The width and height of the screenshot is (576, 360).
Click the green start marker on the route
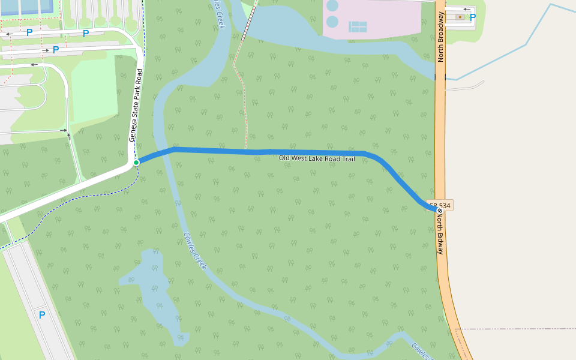[136, 163]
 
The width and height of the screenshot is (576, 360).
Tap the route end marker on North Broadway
[439, 211]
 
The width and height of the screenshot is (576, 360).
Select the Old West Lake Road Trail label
[317, 158]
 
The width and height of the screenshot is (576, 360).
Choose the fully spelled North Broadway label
[440, 37]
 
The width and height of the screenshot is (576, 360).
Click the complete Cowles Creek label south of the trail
[194, 251]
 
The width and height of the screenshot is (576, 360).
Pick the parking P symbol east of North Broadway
[472, 18]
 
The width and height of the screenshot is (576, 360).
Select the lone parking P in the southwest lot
[42, 314]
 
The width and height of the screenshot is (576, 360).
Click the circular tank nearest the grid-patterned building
[332, 22]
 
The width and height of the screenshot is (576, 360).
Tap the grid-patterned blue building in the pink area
[358, 26]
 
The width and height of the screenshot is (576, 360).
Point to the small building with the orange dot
[460, 17]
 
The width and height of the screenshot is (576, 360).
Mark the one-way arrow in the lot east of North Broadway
[467, 10]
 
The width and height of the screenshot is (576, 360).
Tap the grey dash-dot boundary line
[516, 329]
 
